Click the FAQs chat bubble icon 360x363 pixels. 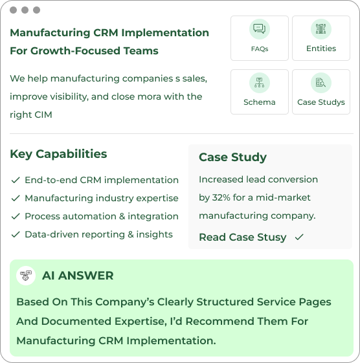click(260, 29)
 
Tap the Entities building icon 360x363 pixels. click(321, 29)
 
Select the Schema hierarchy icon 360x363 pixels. click(259, 83)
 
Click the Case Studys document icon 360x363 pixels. click(321, 83)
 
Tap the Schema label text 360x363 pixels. click(260, 102)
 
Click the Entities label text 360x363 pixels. click(321, 49)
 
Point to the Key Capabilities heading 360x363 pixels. click(58, 154)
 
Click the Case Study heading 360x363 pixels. click(233, 157)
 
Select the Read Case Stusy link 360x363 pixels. click(243, 237)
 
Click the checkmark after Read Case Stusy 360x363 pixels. click(299, 237)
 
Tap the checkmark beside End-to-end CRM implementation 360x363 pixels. click(16, 180)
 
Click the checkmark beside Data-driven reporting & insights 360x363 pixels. click(16, 234)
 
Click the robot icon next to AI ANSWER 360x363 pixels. click(26, 276)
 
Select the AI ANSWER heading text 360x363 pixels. click(78, 276)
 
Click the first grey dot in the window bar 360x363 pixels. click(13, 10)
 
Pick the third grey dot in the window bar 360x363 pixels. click(37, 10)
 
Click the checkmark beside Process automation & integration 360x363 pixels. click(16, 217)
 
